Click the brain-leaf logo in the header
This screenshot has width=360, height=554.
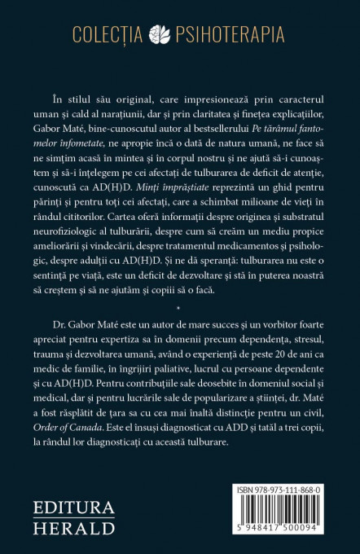(180, 34)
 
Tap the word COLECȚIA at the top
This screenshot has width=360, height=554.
(120, 34)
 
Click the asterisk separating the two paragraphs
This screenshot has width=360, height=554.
(180, 333)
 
